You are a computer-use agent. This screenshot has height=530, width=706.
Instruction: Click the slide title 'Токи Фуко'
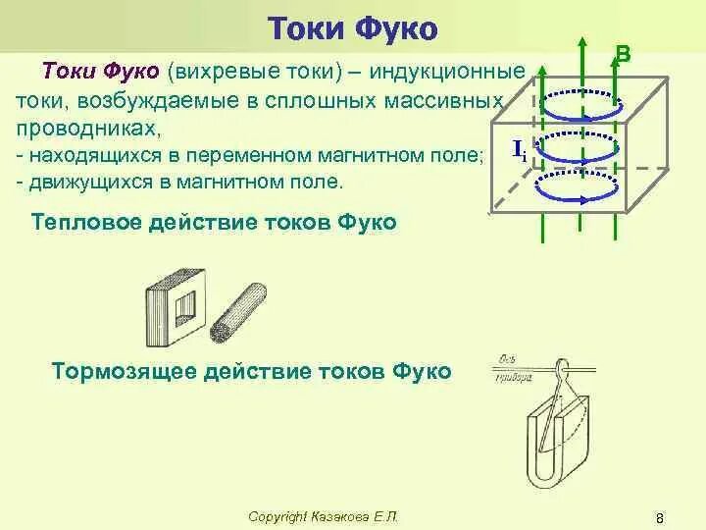[x=352, y=27]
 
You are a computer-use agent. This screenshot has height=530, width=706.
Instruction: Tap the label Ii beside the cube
[x=520, y=149]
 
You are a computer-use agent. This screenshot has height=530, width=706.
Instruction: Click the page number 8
[x=660, y=517]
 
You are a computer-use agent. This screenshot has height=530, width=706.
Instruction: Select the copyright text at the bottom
[x=324, y=516]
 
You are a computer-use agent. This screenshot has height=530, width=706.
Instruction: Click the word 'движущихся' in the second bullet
[x=78, y=182]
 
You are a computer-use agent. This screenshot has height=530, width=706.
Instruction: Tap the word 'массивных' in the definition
[x=450, y=102]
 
